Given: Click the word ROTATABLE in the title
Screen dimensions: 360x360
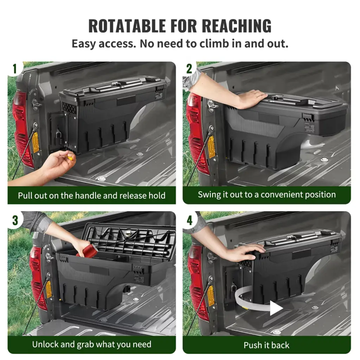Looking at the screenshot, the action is coord(127,25).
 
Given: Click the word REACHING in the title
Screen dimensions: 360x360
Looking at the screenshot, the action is coord(237,25).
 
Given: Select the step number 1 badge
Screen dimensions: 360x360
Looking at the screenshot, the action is coord(15,69).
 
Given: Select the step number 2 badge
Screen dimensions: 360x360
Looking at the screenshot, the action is coord(189,69).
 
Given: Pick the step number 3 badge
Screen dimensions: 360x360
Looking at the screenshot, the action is coord(15,220).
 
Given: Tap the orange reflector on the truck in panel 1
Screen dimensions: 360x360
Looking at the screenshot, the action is coord(36,142).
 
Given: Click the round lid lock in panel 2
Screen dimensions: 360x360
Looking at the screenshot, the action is coord(274,98).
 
